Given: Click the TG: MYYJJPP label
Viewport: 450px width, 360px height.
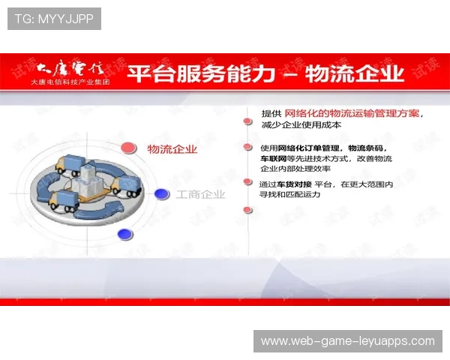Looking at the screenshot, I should (x=54, y=19).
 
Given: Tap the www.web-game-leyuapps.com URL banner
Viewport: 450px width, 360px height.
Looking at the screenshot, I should (x=347, y=341).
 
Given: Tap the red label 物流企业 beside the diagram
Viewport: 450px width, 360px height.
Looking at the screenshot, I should (x=172, y=149).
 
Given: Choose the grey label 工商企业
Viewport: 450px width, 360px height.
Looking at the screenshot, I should (x=201, y=195).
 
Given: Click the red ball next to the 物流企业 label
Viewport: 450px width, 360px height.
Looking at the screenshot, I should (x=129, y=148).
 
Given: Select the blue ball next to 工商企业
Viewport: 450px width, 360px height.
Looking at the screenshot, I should (x=161, y=194).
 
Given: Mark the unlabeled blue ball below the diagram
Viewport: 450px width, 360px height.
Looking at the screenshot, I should (x=125, y=234).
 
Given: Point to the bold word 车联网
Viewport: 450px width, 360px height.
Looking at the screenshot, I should (x=273, y=159).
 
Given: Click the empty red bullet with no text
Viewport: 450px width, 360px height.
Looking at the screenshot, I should (x=247, y=210).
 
